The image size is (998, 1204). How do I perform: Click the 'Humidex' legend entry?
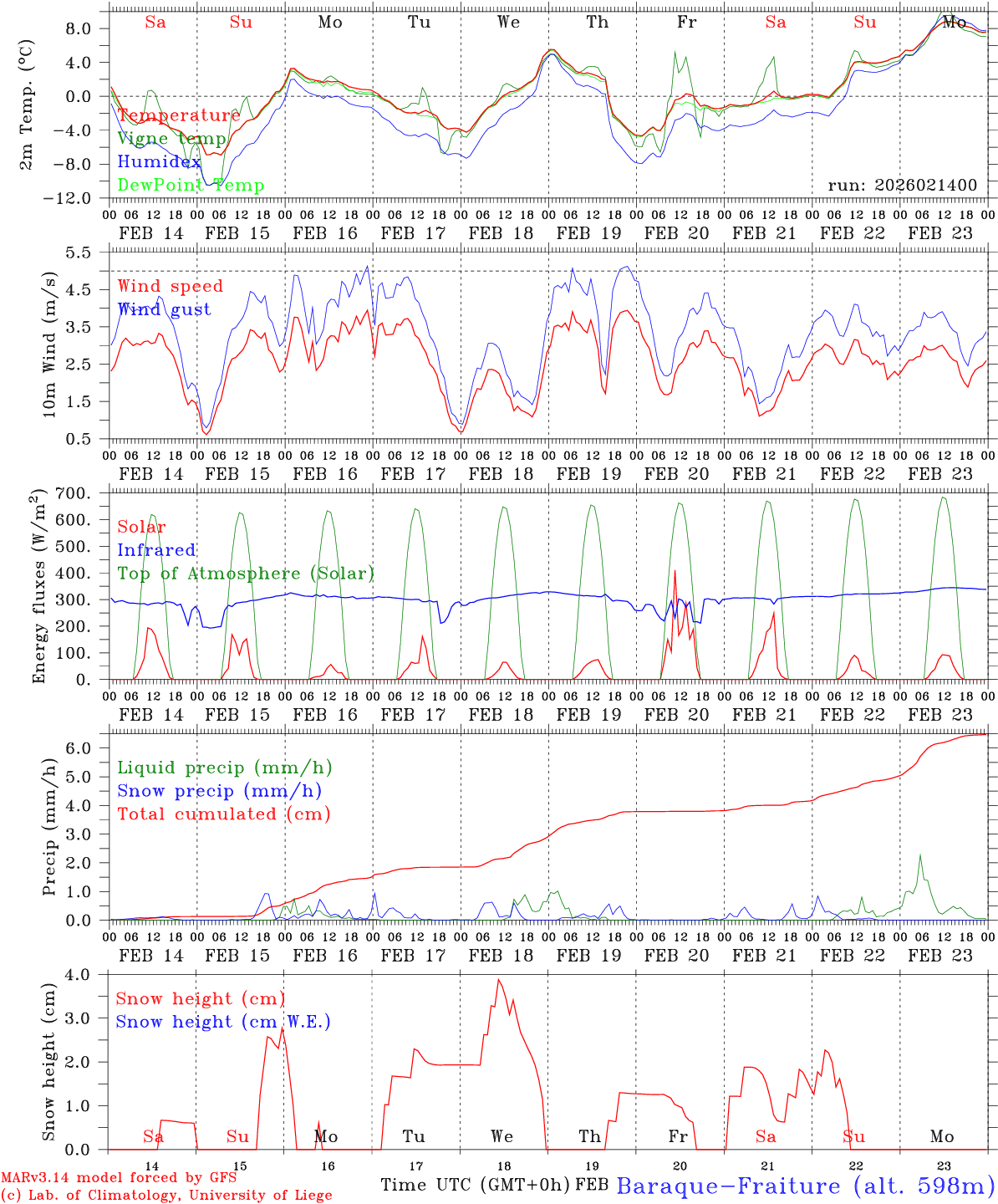[159, 162]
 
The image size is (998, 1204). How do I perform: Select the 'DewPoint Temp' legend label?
[191, 186]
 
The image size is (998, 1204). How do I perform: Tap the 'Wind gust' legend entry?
[164, 309]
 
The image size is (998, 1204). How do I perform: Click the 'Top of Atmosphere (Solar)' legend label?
[246, 574]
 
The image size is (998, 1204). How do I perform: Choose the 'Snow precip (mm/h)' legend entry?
[219, 791]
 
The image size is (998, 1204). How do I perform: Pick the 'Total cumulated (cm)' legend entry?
[223, 814]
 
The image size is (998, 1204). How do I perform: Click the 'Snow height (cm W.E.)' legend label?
[222, 1022]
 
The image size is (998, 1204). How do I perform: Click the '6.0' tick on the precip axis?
[88, 748]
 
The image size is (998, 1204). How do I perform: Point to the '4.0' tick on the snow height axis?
[87, 974]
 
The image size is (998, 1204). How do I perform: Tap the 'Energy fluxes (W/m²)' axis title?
[39, 588]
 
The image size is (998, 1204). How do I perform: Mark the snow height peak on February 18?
[499, 980]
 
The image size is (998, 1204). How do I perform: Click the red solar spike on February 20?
[675, 571]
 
